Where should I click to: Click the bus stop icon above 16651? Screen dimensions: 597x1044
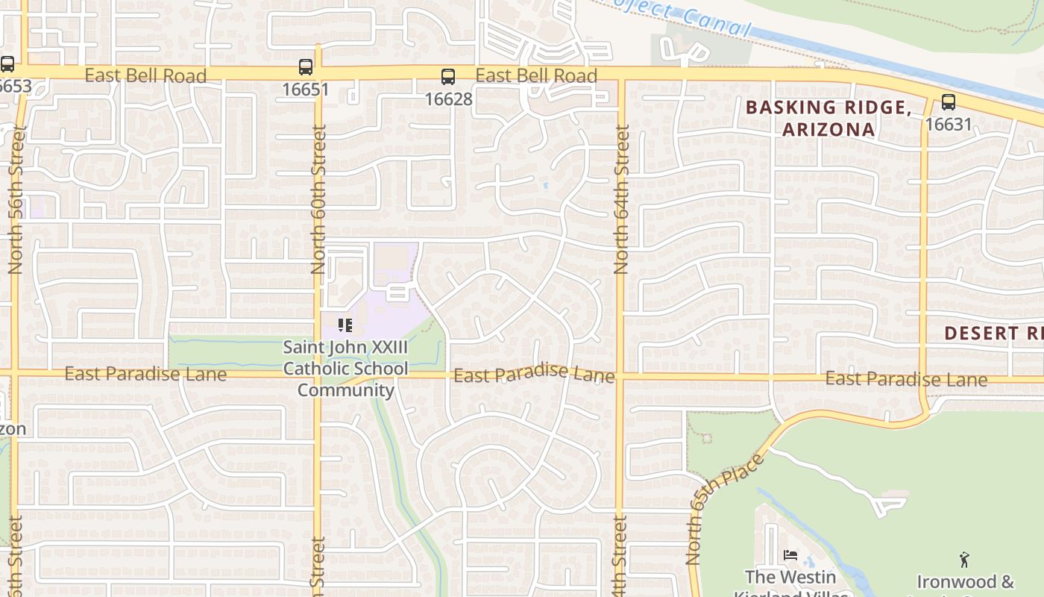tap(306, 67)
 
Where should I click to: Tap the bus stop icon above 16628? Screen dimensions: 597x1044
tap(447, 76)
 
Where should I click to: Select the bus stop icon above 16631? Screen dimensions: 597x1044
tap(948, 102)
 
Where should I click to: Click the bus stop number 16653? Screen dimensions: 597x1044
tap(15, 86)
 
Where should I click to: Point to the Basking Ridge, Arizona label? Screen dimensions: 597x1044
tap(828, 118)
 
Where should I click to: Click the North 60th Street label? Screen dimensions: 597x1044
tap(318, 200)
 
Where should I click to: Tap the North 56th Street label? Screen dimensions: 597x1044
tap(16, 200)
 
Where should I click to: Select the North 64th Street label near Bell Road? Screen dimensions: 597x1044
tap(620, 200)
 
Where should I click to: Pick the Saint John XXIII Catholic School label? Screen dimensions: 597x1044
tap(346, 369)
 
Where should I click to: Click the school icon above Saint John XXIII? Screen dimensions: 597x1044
tap(345, 325)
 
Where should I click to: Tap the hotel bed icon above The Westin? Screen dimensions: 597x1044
tap(790, 555)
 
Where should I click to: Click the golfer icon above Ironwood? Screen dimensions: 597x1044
tap(964, 559)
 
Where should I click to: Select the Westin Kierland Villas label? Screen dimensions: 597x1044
tap(790, 585)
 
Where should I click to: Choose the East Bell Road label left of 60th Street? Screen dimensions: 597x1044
tap(145, 75)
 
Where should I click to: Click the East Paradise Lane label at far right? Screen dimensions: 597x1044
tap(906, 379)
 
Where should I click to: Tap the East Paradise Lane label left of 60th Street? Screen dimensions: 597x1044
tap(145, 374)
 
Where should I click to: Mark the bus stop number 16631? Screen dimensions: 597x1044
tap(948, 124)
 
